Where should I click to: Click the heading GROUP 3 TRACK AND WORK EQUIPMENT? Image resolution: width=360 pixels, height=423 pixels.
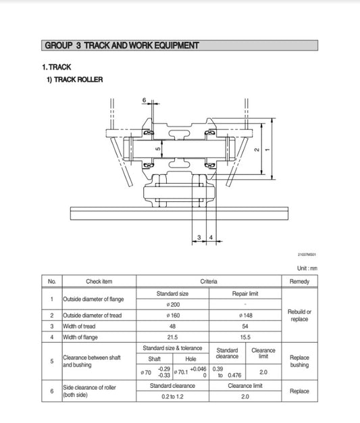[121, 46]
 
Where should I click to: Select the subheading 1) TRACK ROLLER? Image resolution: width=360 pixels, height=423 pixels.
[74, 80]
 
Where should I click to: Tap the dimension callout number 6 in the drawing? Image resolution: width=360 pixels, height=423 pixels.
[144, 100]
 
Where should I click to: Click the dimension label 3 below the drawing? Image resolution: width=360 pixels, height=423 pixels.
[199, 237]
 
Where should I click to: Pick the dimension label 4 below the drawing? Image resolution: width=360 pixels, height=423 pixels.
[211, 237]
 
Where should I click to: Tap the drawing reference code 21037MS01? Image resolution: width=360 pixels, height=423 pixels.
[306, 255]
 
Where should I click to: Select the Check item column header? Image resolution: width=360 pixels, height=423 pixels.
[99, 281]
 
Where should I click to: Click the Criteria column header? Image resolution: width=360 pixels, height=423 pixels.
[208, 281]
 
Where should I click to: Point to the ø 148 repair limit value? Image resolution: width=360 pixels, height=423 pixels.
[245, 315]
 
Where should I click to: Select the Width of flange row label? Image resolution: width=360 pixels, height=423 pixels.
[87, 337]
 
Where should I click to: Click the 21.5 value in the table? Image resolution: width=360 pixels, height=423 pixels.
[172, 337]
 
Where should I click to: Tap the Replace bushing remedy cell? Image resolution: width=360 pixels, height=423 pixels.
[299, 362]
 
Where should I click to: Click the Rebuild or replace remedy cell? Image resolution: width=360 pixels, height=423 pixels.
[299, 315]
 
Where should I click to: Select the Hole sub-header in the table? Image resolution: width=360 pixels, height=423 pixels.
[190, 359]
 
